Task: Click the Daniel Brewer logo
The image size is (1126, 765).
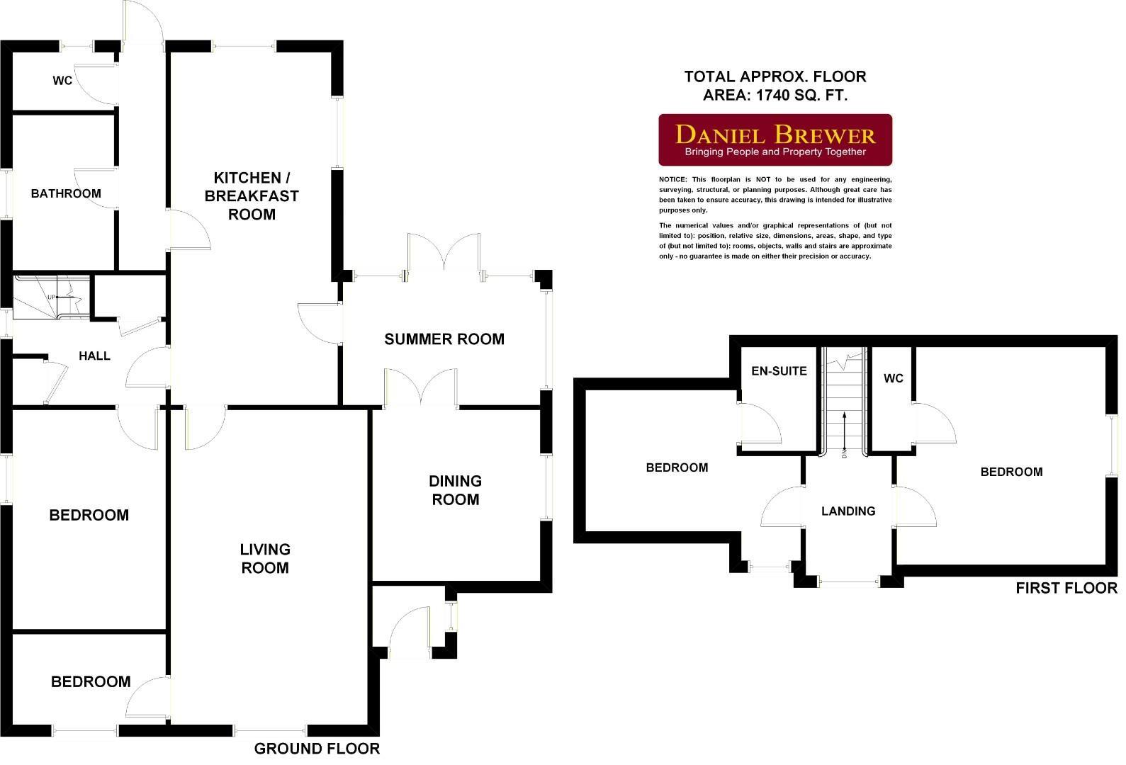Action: coord(775,140)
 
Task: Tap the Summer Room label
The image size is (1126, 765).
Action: coord(444,339)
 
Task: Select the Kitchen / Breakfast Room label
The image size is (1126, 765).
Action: coord(252,196)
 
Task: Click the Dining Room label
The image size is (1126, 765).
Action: coord(455,490)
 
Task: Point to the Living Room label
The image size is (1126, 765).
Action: coord(264,558)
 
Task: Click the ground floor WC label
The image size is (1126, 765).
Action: coord(62,81)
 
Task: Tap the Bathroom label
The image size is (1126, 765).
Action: coord(66,193)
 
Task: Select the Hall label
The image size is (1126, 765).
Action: coord(94,356)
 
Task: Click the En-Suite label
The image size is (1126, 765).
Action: coord(779,370)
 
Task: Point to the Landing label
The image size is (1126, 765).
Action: coord(848,511)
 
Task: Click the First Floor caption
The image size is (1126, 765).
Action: coord(1066,588)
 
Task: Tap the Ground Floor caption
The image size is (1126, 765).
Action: coord(317,749)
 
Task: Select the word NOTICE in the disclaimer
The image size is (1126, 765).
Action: coord(672,180)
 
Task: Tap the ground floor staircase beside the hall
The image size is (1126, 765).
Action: coord(50,297)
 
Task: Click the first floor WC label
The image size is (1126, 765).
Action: coord(893,378)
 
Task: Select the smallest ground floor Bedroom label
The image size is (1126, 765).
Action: coord(91,681)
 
